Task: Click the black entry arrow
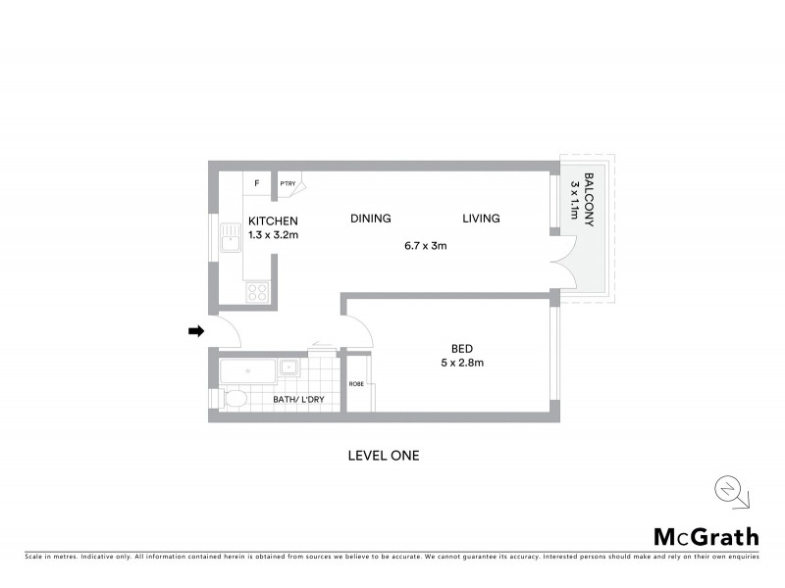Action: point(195,331)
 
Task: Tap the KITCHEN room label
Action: point(273,221)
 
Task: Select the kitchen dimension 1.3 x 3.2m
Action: point(274,235)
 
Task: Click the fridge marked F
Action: point(257,183)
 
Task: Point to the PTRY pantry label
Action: point(288,183)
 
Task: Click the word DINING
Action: point(371,219)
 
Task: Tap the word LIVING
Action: point(481,219)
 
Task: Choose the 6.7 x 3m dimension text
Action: point(425,246)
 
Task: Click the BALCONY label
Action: point(590,201)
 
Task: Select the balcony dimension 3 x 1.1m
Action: point(575,201)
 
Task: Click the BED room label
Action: point(462,348)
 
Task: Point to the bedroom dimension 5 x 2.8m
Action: point(462,363)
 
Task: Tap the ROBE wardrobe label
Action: point(357,384)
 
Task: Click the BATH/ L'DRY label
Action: point(305,399)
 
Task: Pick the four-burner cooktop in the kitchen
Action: point(257,291)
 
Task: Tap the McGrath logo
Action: point(706,536)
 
